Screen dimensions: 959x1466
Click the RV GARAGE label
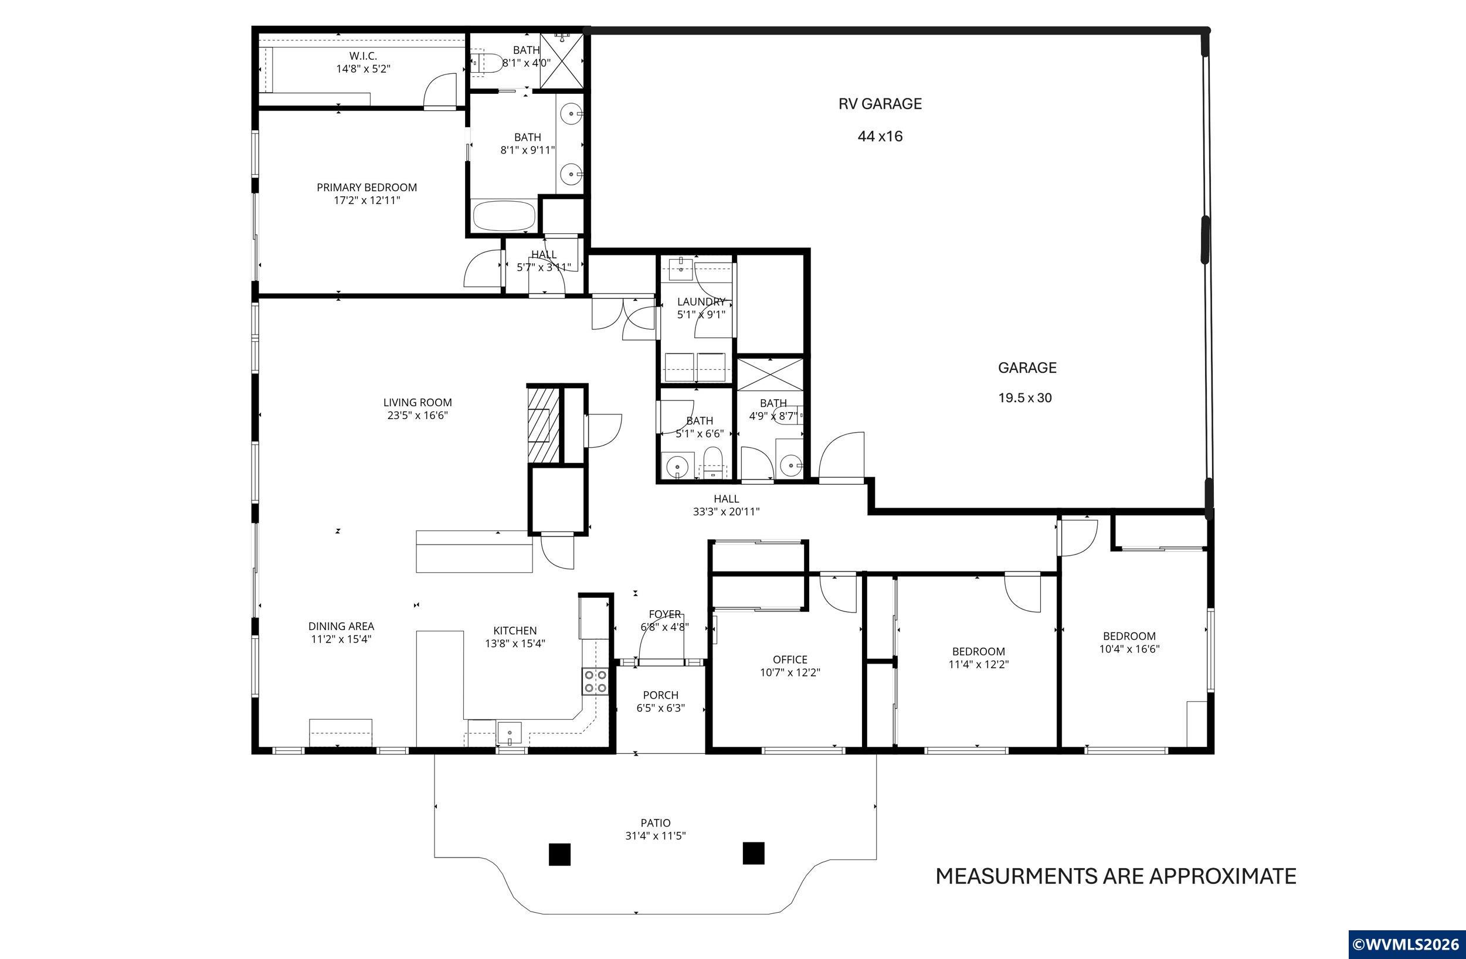coord(880,104)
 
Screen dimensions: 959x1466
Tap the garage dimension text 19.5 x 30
coord(1025,398)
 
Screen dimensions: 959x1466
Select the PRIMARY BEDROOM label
coord(366,187)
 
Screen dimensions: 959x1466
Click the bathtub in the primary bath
coord(504,216)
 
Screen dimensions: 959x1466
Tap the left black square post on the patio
coord(559,853)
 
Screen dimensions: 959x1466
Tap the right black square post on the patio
coord(754,853)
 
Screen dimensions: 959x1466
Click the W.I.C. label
coord(363,56)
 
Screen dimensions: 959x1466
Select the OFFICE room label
coord(790,659)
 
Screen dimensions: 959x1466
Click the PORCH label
coord(660,695)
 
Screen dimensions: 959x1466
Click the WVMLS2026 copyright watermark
coord(1406,944)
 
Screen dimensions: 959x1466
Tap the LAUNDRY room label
coord(701,302)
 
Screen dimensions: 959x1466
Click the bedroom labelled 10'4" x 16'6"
coord(1129,642)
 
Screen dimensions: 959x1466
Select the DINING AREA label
coord(341,627)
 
